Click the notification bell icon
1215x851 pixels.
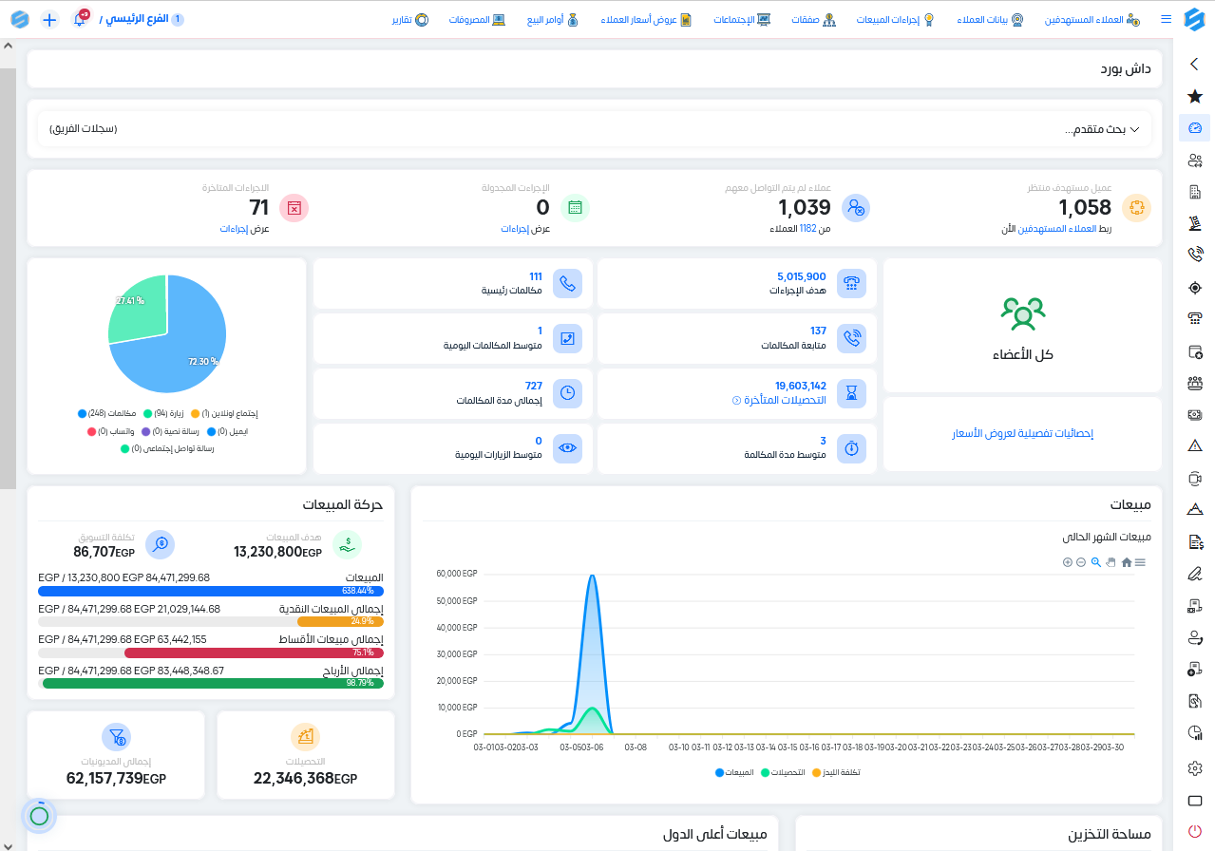(x=80, y=20)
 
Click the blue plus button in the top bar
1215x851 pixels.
(x=50, y=20)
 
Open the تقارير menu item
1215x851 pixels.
(x=409, y=20)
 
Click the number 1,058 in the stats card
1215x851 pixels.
(x=1085, y=208)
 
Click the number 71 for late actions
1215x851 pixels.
(x=259, y=208)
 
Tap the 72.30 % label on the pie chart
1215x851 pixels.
(x=202, y=362)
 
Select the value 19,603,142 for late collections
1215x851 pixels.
(x=800, y=386)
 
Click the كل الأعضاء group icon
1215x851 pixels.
(x=1022, y=313)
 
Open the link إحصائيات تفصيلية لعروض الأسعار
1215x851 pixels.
(x=1022, y=434)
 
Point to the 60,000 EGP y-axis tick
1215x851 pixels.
(x=456, y=574)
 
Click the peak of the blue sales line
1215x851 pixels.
(x=593, y=576)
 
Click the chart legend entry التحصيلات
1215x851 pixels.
(x=785, y=772)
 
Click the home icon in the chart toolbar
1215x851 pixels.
(x=1126, y=562)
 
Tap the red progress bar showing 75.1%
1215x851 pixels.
(x=254, y=652)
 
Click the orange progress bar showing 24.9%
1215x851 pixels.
(x=340, y=621)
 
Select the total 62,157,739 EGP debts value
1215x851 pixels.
(x=116, y=779)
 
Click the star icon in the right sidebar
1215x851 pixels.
(x=1195, y=96)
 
